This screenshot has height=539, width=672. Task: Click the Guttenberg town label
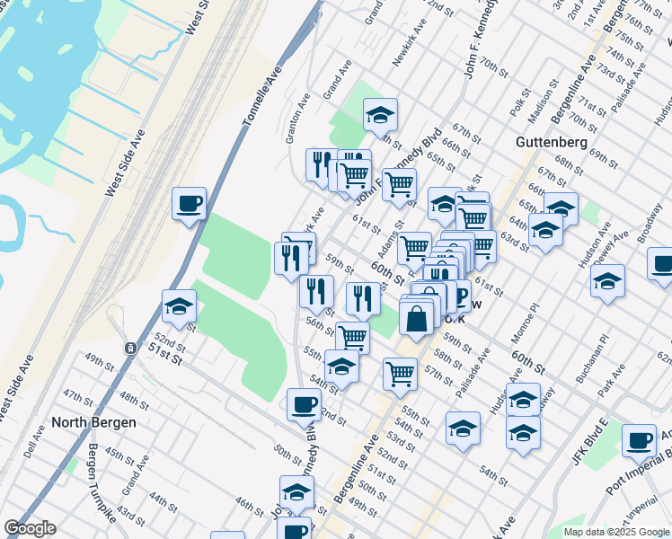pyautogui.click(x=552, y=142)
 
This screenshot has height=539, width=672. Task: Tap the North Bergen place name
pyautogui.click(x=93, y=422)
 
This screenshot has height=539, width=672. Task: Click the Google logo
pyautogui.click(x=30, y=528)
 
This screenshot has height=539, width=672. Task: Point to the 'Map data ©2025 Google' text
pyautogui.click(x=615, y=532)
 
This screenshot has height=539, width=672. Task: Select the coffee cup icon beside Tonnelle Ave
pyautogui.click(x=189, y=205)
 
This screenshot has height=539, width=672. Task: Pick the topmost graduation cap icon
pyautogui.click(x=380, y=115)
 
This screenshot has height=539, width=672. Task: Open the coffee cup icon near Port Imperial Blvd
pyautogui.click(x=639, y=440)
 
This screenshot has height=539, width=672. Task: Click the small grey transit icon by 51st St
pyautogui.click(x=130, y=347)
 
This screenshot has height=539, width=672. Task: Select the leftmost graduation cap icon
pyautogui.click(x=180, y=306)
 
